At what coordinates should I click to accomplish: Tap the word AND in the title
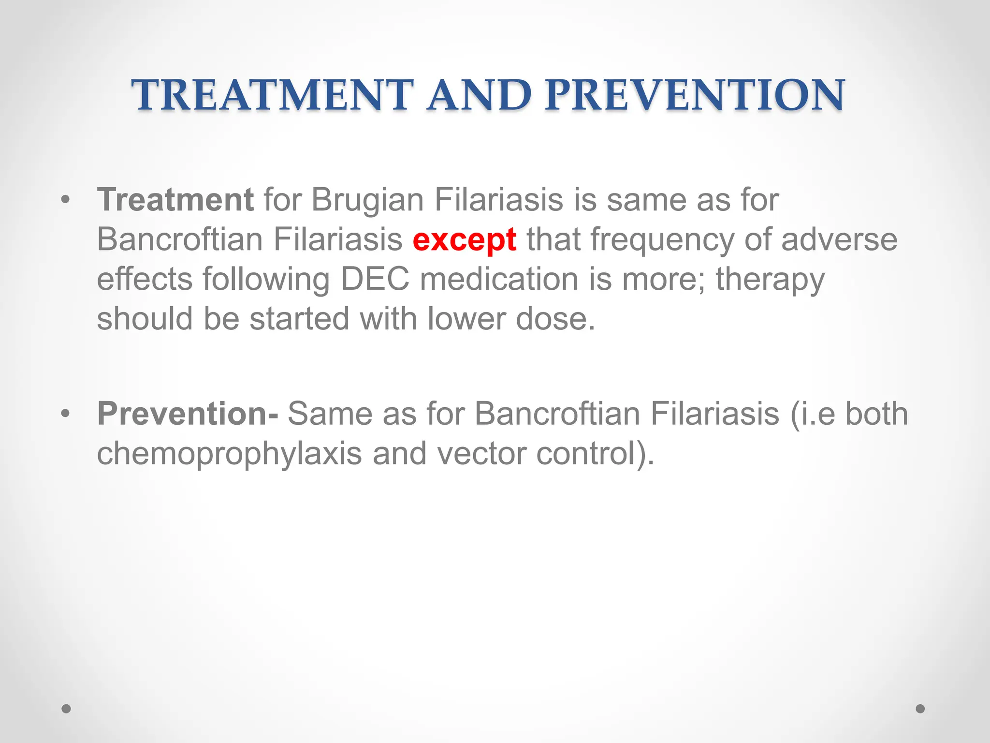[x=479, y=95]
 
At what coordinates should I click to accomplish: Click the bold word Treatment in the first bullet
[x=175, y=200]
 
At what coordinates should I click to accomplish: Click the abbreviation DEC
[x=375, y=280]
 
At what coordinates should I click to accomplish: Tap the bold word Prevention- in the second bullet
[x=188, y=414]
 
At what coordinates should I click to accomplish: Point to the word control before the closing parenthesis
[x=585, y=454]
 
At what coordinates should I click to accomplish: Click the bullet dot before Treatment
[x=66, y=200]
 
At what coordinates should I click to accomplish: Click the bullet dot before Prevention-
[x=66, y=414]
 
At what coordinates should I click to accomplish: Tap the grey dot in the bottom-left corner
[x=66, y=709]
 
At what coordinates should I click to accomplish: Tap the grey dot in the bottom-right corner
[x=920, y=709]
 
